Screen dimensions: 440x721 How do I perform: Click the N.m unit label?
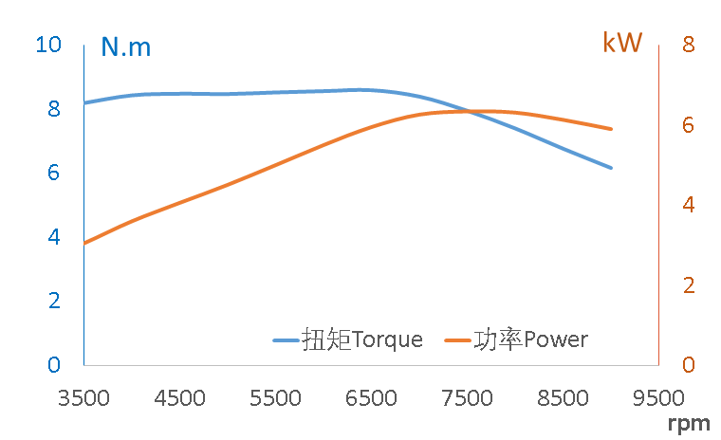pos(126,47)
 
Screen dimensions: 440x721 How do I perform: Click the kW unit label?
pos(622,43)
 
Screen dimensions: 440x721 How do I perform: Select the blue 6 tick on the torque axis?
pos(54,173)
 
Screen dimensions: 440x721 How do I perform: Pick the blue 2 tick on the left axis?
pos(54,301)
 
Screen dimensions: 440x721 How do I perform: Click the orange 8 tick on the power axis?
pos(688,45)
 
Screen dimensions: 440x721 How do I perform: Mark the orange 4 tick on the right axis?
pos(688,205)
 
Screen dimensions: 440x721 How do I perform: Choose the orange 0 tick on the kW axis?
pos(688,365)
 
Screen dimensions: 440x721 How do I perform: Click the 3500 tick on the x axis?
pos(84,397)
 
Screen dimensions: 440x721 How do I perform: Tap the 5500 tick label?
pos(275,397)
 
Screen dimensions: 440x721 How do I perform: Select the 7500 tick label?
pos(467,397)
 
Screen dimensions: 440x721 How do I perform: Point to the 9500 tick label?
pos(657,397)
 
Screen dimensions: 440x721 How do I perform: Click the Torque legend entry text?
pos(362,339)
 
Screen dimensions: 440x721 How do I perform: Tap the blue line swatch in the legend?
pos(287,340)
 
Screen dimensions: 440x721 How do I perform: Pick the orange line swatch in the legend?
pos(458,340)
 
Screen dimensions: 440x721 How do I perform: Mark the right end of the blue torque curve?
pos(611,167)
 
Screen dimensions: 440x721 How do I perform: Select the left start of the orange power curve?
pos(85,244)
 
